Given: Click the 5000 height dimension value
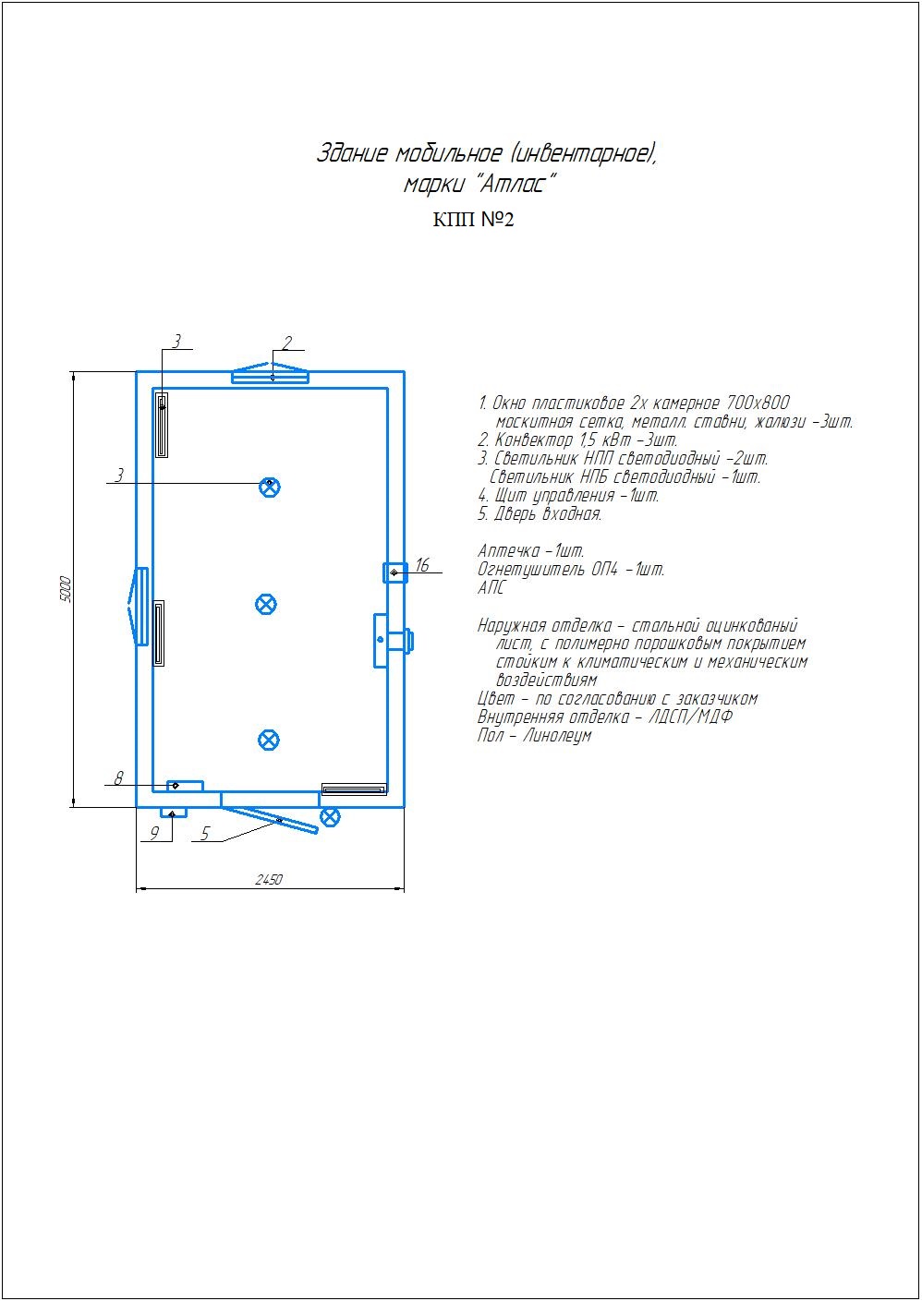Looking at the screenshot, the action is (x=66, y=589).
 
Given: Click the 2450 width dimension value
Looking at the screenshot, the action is (x=269, y=879).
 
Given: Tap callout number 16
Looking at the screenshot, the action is (x=422, y=564).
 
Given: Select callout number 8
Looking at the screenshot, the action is (x=118, y=777).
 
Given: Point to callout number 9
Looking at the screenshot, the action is (x=154, y=833).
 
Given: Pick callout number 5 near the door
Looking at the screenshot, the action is (x=204, y=834).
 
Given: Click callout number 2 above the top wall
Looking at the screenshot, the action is (x=286, y=343).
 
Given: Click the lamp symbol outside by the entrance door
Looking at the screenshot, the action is (x=330, y=816).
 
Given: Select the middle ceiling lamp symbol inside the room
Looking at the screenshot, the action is (x=266, y=604).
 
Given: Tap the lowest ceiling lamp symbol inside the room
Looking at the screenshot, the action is (x=269, y=740).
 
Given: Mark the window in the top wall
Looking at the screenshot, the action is (x=270, y=373).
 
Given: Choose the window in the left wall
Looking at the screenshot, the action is (x=139, y=606).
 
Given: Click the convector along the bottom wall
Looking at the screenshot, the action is (x=355, y=789).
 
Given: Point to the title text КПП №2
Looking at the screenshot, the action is (x=474, y=220).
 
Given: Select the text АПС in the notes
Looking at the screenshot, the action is (x=491, y=588).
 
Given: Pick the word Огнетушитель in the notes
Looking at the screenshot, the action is (x=531, y=569).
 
